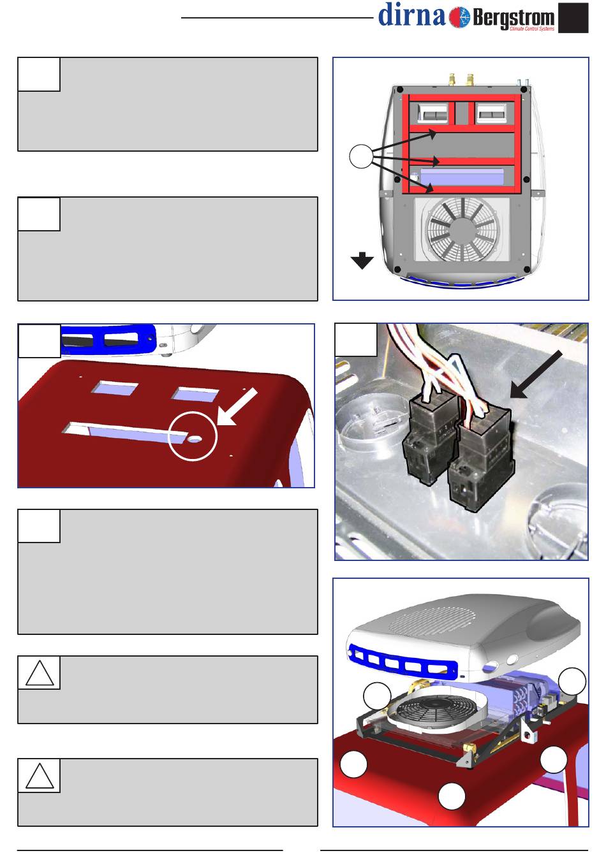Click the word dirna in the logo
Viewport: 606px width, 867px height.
411,15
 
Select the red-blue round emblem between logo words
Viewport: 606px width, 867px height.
459,17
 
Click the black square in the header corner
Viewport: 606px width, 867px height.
573,18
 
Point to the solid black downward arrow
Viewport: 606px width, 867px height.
362,261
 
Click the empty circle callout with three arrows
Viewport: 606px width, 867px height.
361,156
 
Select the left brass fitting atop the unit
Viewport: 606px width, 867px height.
452,79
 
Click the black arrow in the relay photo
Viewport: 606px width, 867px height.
536,374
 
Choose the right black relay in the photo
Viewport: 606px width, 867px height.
481,458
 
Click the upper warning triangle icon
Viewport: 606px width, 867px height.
40,673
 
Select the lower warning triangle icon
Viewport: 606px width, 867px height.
40,775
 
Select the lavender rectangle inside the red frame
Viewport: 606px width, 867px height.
462,177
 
